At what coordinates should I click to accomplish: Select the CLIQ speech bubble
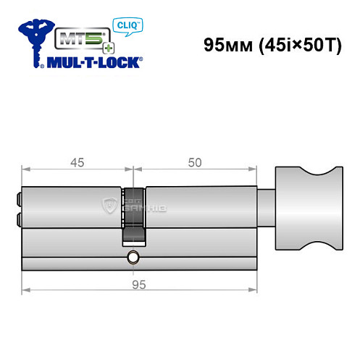click(x=126, y=24)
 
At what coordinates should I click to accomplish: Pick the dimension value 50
click(x=193, y=162)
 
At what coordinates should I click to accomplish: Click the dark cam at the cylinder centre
click(x=134, y=217)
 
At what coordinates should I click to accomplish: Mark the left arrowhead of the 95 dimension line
click(x=27, y=291)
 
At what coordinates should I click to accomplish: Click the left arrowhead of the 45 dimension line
click(x=27, y=172)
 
